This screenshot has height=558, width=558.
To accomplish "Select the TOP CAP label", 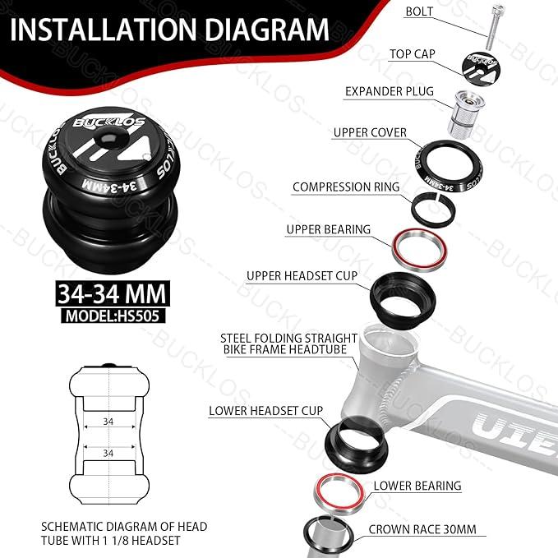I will (413, 55).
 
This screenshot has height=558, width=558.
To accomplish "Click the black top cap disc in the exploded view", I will (485, 65).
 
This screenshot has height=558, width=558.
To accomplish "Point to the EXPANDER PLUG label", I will (390, 92).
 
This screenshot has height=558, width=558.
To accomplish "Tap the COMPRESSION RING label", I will (346, 187).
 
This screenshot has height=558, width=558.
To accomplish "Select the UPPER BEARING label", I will (328, 229).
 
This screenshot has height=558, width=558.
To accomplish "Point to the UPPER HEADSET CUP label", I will (302, 275).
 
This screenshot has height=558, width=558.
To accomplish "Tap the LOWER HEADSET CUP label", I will (265, 410).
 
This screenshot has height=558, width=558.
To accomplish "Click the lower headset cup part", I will (354, 439).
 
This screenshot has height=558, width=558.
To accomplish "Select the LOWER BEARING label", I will (417, 486).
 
